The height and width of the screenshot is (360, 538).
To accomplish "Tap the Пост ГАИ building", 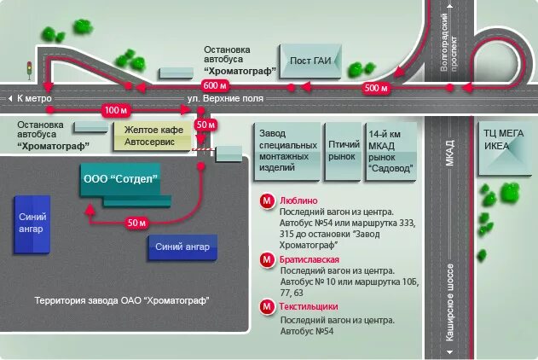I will [x=310, y=61].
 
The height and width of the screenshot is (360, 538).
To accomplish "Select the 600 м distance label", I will [x=214, y=87].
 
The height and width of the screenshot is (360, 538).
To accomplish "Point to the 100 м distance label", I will [x=113, y=111].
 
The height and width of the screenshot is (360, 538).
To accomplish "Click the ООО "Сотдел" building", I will [x=121, y=180].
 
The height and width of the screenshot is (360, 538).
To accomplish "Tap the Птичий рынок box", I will [x=344, y=151].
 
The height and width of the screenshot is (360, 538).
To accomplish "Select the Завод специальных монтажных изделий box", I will [x=288, y=151].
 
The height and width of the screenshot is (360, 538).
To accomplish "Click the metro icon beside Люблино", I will [x=267, y=201].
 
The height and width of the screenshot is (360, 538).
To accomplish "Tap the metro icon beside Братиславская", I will [x=267, y=259].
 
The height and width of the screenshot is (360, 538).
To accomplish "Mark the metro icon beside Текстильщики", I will [x=267, y=307].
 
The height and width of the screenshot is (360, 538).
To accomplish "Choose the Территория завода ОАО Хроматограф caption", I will [x=122, y=301].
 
